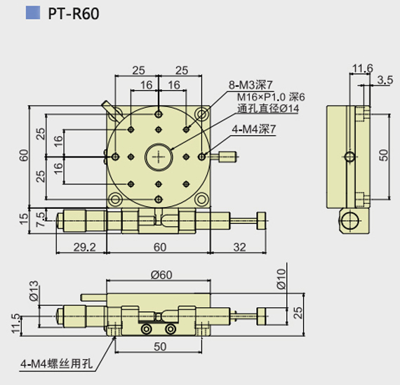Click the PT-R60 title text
tap(74, 14)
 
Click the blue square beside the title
tap(33, 13)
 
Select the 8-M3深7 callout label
tap(251, 85)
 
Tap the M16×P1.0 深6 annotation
tap(271, 97)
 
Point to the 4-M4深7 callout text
tap(254, 130)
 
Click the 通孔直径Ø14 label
tap(268, 109)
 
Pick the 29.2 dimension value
tap(85, 247)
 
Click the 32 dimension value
tap(239, 247)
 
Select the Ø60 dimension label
tap(161, 275)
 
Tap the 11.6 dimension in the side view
tap(362, 68)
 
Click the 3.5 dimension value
tap(385, 80)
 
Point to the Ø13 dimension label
tap(34, 291)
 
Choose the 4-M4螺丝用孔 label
tap(56, 364)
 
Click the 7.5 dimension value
tap(41, 220)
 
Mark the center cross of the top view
tap(159, 157)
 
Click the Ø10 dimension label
tap(281, 278)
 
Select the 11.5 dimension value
tap(16, 323)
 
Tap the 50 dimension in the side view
tap(383, 155)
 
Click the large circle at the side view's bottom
tap(350, 220)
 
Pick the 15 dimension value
tap(24, 219)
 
